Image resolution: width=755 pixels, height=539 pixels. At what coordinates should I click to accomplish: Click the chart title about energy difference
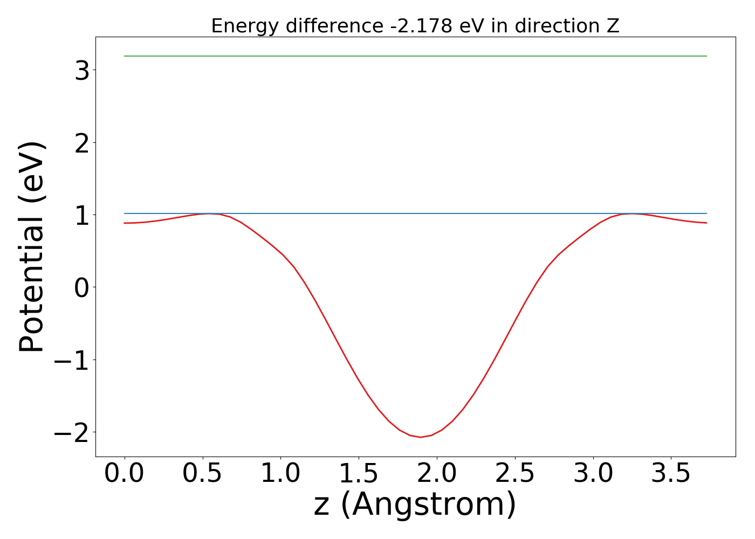click(x=415, y=26)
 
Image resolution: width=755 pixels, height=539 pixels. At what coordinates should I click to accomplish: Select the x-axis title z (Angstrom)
click(x=415, y=505)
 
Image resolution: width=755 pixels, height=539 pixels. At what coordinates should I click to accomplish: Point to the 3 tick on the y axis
click(x=82, y=70)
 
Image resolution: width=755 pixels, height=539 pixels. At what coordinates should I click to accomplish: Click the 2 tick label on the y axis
click(x=82, y=142)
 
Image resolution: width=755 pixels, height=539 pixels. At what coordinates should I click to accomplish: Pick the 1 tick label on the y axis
click(x=82, y=215)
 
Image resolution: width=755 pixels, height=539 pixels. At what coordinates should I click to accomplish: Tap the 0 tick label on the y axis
click(x=82, y=287)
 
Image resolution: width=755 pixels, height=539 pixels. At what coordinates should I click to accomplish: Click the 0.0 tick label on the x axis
click(x=125, y=473)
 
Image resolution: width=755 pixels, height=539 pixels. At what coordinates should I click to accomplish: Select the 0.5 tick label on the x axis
click(x=203, y=473)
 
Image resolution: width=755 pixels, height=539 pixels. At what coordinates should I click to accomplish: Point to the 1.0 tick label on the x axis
click(x=280, y=473)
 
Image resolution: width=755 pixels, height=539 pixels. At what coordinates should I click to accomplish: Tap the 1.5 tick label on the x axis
click(x=359, y=473)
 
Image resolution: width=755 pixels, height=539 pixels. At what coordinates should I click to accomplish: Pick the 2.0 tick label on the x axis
click(x=437, y=473)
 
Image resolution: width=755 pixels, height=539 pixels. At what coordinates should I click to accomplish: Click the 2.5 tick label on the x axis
click(x=515, y=473)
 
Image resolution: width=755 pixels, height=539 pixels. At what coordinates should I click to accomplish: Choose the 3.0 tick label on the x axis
click(x=593, y=473)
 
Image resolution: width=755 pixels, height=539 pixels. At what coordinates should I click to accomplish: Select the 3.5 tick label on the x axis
click(x=671, y=473)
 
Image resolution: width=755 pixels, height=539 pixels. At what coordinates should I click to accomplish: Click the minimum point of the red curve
click(x=421, y=437)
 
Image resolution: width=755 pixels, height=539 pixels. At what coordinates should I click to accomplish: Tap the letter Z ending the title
click(x=613, y=26)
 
